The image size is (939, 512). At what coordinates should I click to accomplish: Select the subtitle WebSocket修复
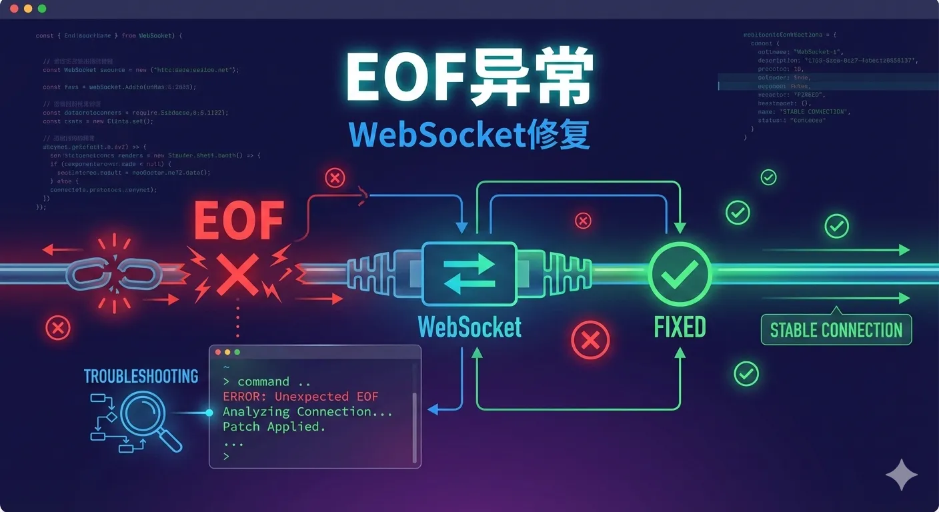tap(469, 135)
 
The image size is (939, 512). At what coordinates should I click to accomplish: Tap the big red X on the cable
tap(238, 273)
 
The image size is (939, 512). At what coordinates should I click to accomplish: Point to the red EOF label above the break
tap(239, 222)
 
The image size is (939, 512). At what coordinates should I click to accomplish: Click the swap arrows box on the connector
tap(469, 273)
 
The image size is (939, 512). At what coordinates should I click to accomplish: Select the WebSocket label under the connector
tap(469, 327)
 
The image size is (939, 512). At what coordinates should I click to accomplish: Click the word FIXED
tap(680, 327)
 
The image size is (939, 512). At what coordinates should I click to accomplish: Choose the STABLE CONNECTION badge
tap(836, 330)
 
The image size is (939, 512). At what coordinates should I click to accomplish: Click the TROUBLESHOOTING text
tap(141, 376)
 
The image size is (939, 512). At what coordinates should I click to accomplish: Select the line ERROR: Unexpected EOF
tap(300, 397)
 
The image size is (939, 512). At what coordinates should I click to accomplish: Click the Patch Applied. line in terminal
tap(273, 427)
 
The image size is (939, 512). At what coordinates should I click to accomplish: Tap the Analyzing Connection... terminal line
tap(307, 412)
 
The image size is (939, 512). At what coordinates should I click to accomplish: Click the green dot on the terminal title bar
tap(237, 352)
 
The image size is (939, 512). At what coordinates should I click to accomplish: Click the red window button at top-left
tap(13, 9)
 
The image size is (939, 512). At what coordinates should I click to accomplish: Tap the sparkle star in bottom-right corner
tap(902, 475)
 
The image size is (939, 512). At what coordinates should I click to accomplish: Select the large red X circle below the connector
tap(590, 341)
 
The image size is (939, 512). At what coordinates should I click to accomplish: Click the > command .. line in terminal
tap(266, 381)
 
